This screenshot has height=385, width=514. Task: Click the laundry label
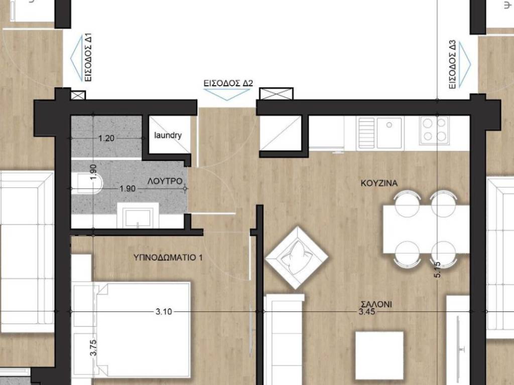(168, 135)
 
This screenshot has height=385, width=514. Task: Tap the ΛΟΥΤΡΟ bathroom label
(165, 181)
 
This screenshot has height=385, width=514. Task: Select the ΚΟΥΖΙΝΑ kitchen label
(379, 183)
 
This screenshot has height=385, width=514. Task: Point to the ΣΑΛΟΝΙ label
(376, 304)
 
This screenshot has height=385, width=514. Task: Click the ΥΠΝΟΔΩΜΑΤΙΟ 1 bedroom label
(168, 258)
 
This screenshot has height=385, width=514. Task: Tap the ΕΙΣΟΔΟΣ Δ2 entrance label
(228, 83)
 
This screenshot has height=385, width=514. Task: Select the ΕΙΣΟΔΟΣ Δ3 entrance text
(452, 64)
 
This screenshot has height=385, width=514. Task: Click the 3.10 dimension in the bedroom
(164, 312)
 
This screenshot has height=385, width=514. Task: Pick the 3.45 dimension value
(366, 312)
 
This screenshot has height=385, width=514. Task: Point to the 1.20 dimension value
(106, 138)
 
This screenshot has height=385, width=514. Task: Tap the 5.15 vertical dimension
(437, 269)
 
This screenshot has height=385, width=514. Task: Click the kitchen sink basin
(389, 132)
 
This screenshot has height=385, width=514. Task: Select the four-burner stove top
(434, 130)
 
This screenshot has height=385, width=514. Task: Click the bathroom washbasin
(138, 216)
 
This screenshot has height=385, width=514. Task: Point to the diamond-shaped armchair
(297, 257)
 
